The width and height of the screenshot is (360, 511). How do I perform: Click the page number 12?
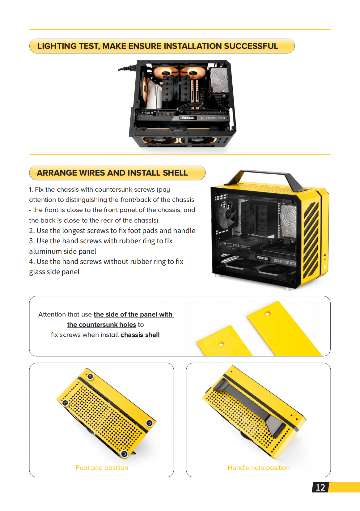pos(320,488)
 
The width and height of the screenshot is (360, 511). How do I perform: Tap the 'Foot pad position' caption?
pos(102,468)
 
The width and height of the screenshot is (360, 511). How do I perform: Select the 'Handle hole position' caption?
pos(258,468)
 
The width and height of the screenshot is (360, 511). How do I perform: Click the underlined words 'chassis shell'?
pos(140,335)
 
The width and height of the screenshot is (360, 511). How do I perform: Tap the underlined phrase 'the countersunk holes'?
pos(101,325)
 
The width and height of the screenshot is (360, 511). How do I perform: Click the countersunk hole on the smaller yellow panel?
pos(221,344)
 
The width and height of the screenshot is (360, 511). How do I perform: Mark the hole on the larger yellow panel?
pos(268,314)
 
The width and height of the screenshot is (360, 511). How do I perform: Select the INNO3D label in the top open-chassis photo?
pos(188,118)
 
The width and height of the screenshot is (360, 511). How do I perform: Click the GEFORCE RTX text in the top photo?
pos(213,118)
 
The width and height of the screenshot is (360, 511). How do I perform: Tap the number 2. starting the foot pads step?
pos(32,231)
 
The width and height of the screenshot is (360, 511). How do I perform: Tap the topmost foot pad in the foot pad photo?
pos(90,376)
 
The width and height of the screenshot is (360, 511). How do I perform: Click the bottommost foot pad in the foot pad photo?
pos(125,454)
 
